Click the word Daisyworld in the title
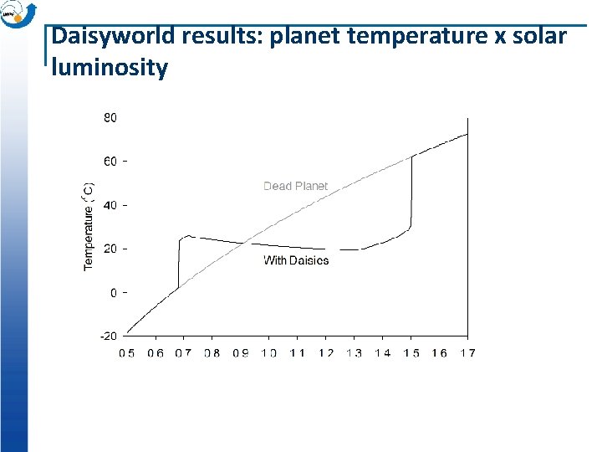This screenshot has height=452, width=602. (x=111, y=38)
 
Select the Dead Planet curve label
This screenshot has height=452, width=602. (x=295, y=186)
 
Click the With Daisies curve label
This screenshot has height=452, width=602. (x=296, y=260)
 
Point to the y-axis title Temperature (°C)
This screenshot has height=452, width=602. (x=89, y=227)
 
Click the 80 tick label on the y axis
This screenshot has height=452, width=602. (x=110, y=117)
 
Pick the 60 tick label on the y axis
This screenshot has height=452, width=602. (x=110, y=161)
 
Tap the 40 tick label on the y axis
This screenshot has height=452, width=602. (x=110, y=204)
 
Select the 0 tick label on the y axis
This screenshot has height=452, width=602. (x=114, y=292)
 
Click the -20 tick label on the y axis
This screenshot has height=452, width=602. (x=109, y=336)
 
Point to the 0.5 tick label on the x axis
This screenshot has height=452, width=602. (x=127, y=353)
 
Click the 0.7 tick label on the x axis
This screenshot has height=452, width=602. (x=183, y=353)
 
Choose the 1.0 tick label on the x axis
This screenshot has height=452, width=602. (x=268, y=353)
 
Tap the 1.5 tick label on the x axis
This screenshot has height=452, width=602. (x=411, y=353)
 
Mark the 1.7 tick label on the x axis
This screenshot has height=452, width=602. (x=467, y=353)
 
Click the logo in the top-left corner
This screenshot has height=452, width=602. (x=18, y=14)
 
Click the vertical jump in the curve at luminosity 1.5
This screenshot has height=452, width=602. (x=411, y=193)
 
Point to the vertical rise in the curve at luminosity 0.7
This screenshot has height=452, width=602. (x=179, y=264)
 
